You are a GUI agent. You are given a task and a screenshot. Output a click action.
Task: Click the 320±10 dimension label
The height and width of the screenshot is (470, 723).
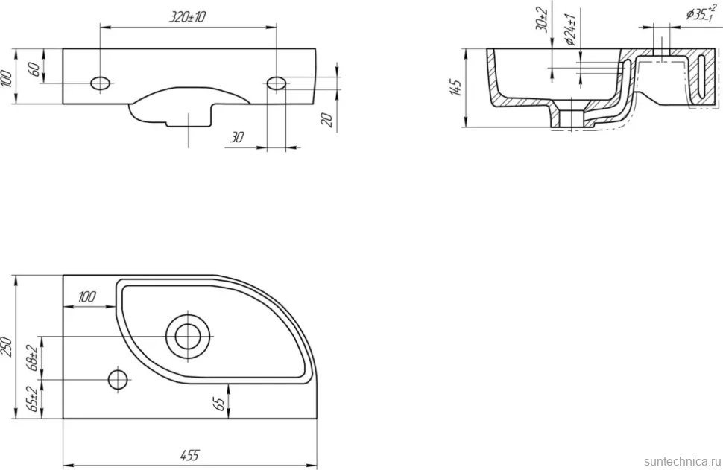[x=188, y=17]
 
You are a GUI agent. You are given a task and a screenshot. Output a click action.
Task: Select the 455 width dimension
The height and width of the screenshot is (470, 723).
[x=189, y=455]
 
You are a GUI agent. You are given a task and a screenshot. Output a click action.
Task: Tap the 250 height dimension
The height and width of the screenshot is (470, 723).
[x=7, y=346]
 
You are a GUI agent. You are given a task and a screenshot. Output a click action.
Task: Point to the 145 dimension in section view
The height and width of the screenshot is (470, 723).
[x=455, y=88]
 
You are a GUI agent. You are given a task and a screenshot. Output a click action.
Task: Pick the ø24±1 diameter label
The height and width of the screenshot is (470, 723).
[x=571, y=30]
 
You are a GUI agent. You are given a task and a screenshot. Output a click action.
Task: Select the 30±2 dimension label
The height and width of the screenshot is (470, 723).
[x=542, y=19]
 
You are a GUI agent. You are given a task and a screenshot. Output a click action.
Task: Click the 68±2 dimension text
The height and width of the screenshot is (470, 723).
[x=32, y=358]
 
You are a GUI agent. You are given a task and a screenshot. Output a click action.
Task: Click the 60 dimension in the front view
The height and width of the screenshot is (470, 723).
[x=34, y=70]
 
